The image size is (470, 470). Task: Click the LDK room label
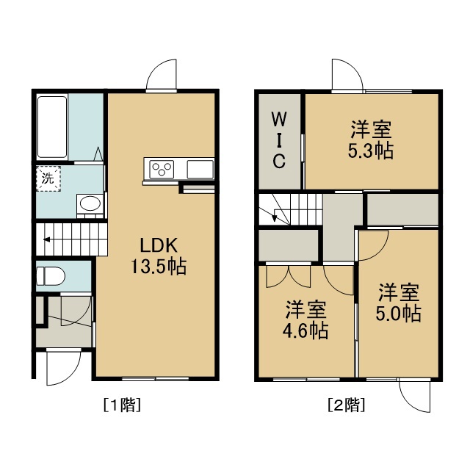159,245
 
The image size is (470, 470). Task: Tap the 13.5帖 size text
159,266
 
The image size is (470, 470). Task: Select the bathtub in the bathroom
52,127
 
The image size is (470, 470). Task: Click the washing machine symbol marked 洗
48,178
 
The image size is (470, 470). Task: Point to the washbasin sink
90,204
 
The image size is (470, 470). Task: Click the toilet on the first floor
51,276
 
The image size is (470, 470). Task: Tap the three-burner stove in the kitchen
162,170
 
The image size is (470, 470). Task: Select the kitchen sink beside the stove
200,170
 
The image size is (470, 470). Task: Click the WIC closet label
279,140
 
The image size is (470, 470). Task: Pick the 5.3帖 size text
371,151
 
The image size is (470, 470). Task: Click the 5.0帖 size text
399,314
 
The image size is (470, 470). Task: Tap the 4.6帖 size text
305,330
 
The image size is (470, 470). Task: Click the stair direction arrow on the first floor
47,239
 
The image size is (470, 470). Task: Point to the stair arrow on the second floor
274,217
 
